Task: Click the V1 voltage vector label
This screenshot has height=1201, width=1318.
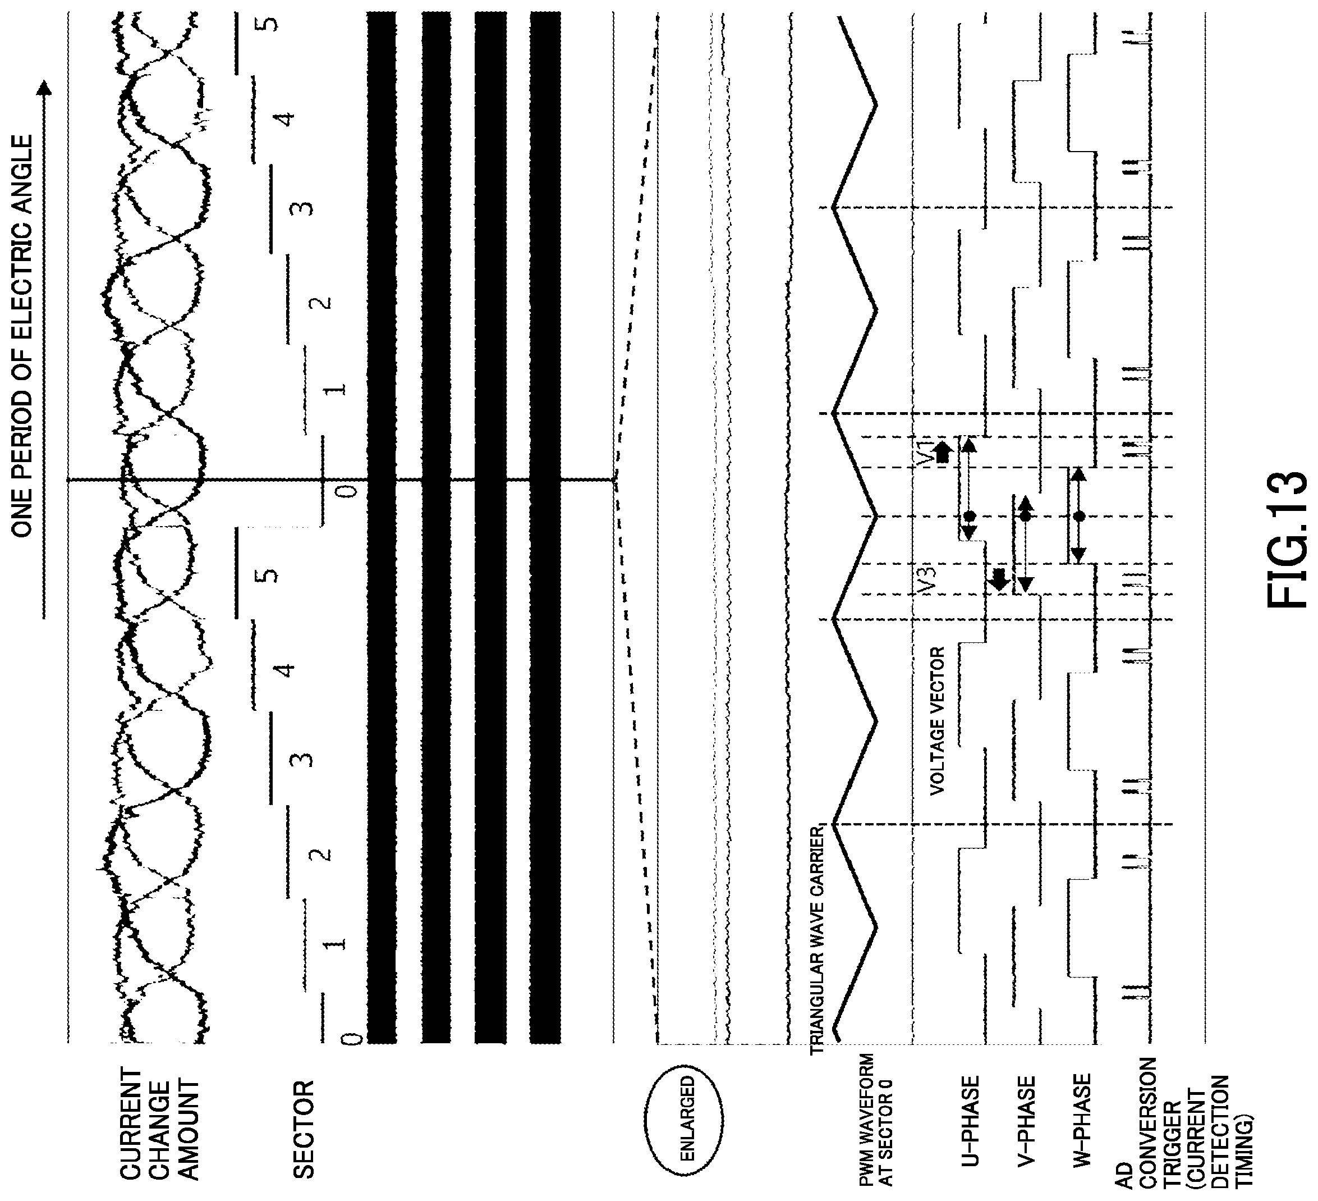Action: pos(923,451)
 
